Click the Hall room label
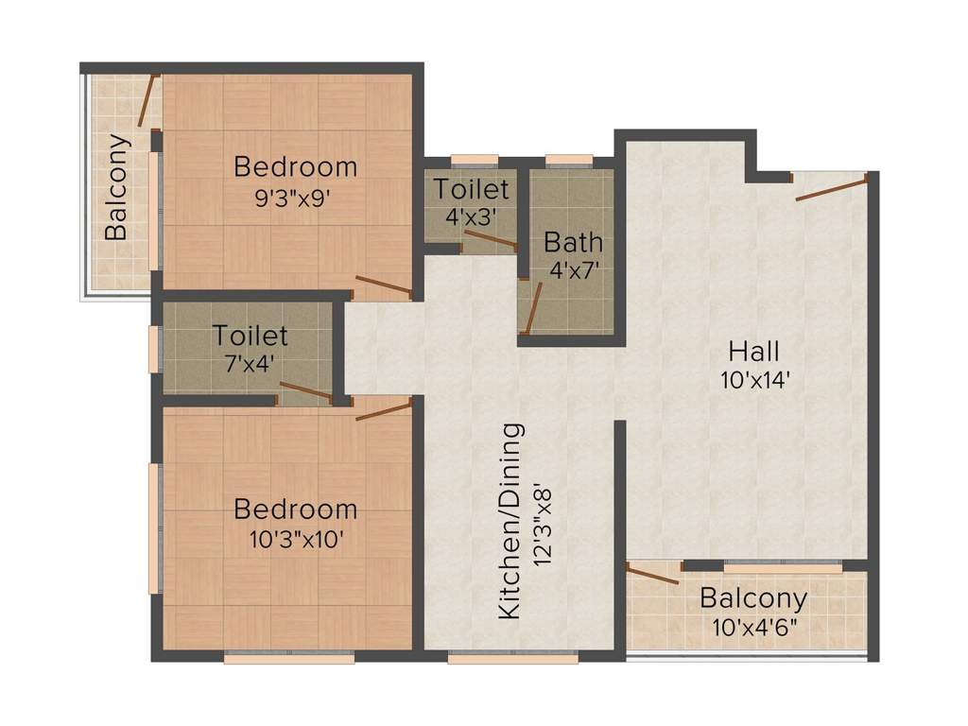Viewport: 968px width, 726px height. click(x=753, y=352)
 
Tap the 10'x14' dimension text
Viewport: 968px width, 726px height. click(x=753, y=380)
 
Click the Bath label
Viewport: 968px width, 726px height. click(x=573, y=242)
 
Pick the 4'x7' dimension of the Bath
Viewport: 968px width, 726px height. click(x=574, y=269)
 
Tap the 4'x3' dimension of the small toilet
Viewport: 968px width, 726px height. click(x=470, y=216)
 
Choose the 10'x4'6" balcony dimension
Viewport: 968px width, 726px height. click(x=753, y=626)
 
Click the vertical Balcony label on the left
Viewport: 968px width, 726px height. click(x=116, y=187)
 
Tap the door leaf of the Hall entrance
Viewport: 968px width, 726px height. click(x=831, y=187)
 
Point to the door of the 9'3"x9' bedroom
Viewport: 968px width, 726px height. click(x=383, y=285)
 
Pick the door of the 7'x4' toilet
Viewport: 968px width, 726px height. click(x=306, y=392)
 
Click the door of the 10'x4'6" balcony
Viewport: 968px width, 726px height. click(x=653, y=574)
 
